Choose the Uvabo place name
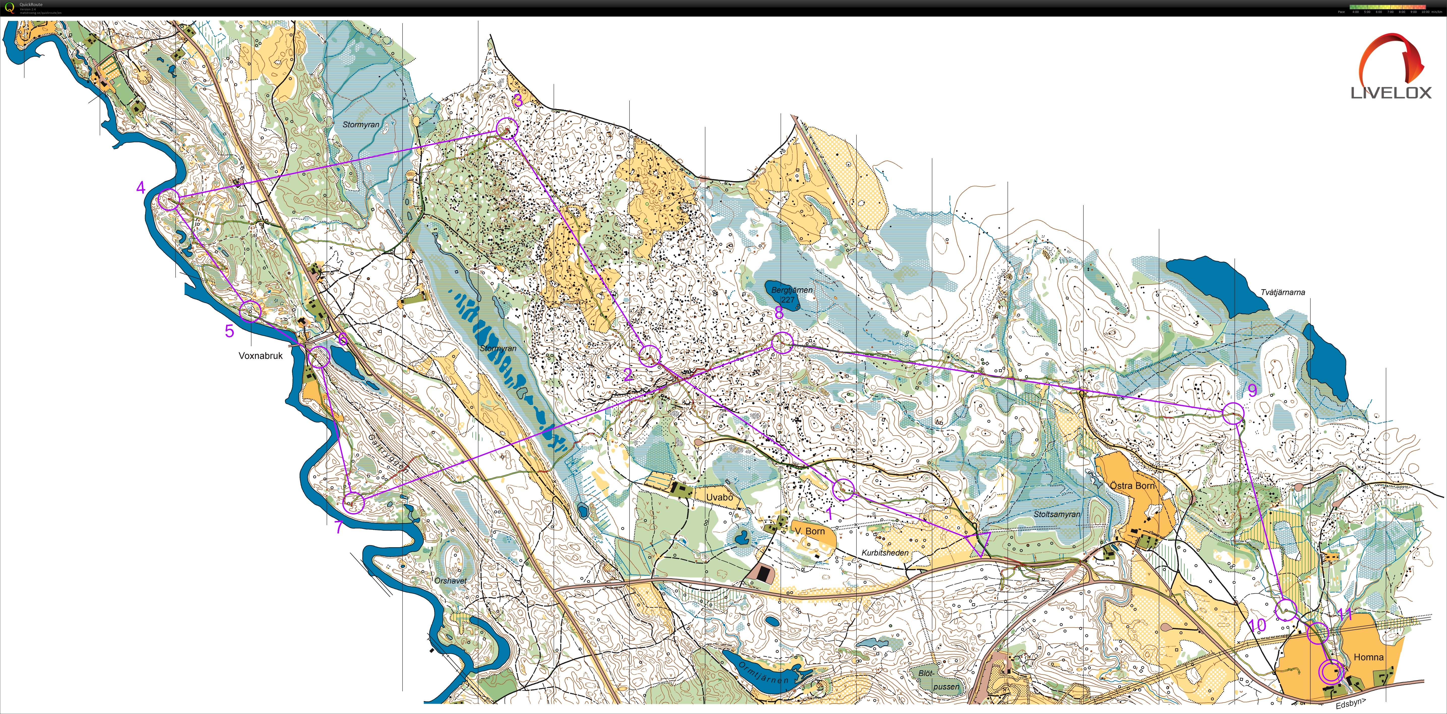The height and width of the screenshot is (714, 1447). pos(719,497)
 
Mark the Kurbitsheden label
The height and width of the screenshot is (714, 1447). pos(885,553)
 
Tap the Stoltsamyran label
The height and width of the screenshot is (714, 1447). pos(1057,514)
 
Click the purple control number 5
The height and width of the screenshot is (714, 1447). pos(229,331)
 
